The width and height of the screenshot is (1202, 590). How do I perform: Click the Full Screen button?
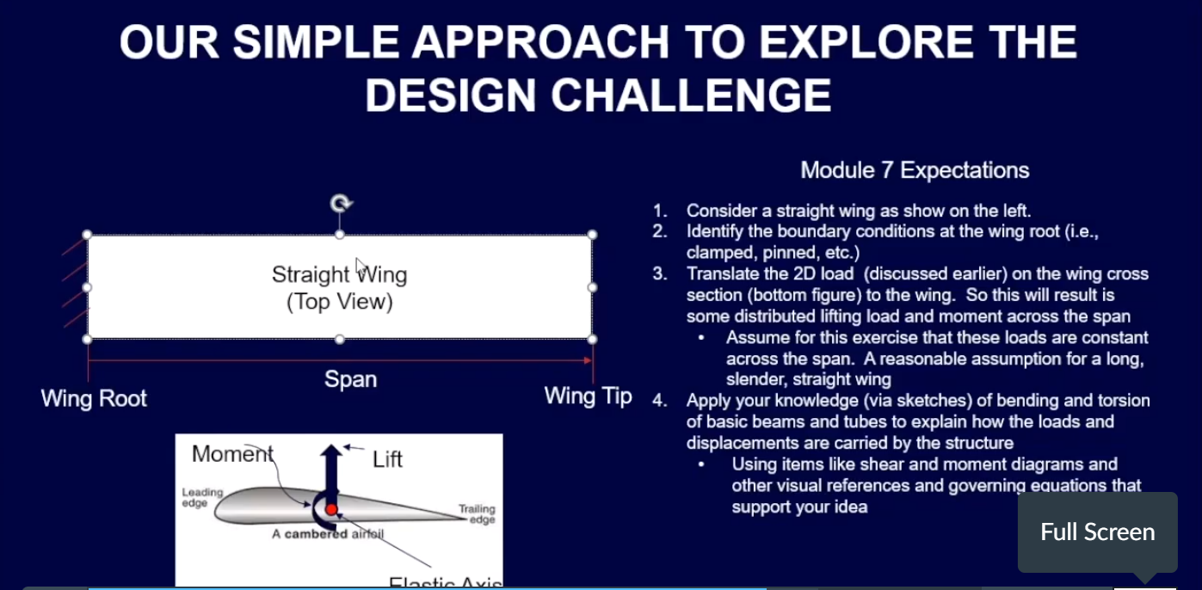pos(1097,532)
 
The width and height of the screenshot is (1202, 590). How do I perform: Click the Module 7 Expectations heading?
pos(915,170)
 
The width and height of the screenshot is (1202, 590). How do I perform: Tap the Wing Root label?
pos(94,399)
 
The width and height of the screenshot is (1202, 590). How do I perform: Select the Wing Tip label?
pos(588,396)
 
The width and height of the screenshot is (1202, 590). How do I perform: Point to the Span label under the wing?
pos(350,379)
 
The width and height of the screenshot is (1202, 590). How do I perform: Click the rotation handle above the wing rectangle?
pos(341,204)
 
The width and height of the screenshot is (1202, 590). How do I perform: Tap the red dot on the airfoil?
pos(331,509)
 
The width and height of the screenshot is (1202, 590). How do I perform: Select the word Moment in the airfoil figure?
pos(232,454)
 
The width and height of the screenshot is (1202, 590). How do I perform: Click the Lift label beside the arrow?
pos(387,459)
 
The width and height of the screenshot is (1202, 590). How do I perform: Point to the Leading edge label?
pos(202,497)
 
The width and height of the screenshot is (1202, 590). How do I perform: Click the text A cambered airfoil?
pos(327,534)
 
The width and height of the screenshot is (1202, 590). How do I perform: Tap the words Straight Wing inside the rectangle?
pos(339,275)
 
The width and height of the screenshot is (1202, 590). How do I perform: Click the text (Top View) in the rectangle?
pos(339,302)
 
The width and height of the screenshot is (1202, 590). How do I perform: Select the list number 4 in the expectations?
pos(660,401)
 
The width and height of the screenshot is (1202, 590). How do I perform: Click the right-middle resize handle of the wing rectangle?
pos(592,286)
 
